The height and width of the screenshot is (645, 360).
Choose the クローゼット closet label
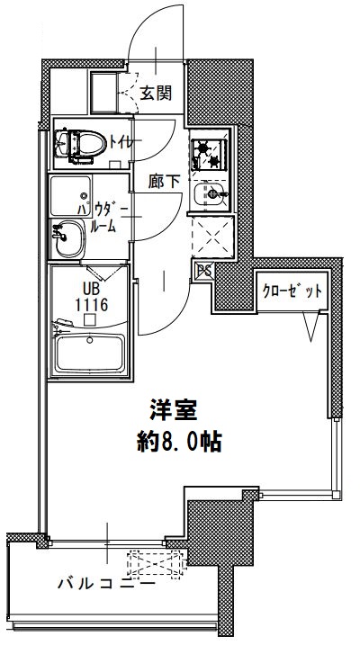click(291, 291)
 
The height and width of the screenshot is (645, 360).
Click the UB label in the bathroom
click(91, 290)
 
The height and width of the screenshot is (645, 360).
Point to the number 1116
click(91, 305)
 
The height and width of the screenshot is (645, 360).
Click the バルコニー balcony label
click(105, 583)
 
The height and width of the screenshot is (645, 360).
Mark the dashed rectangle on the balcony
click(157, 564)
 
